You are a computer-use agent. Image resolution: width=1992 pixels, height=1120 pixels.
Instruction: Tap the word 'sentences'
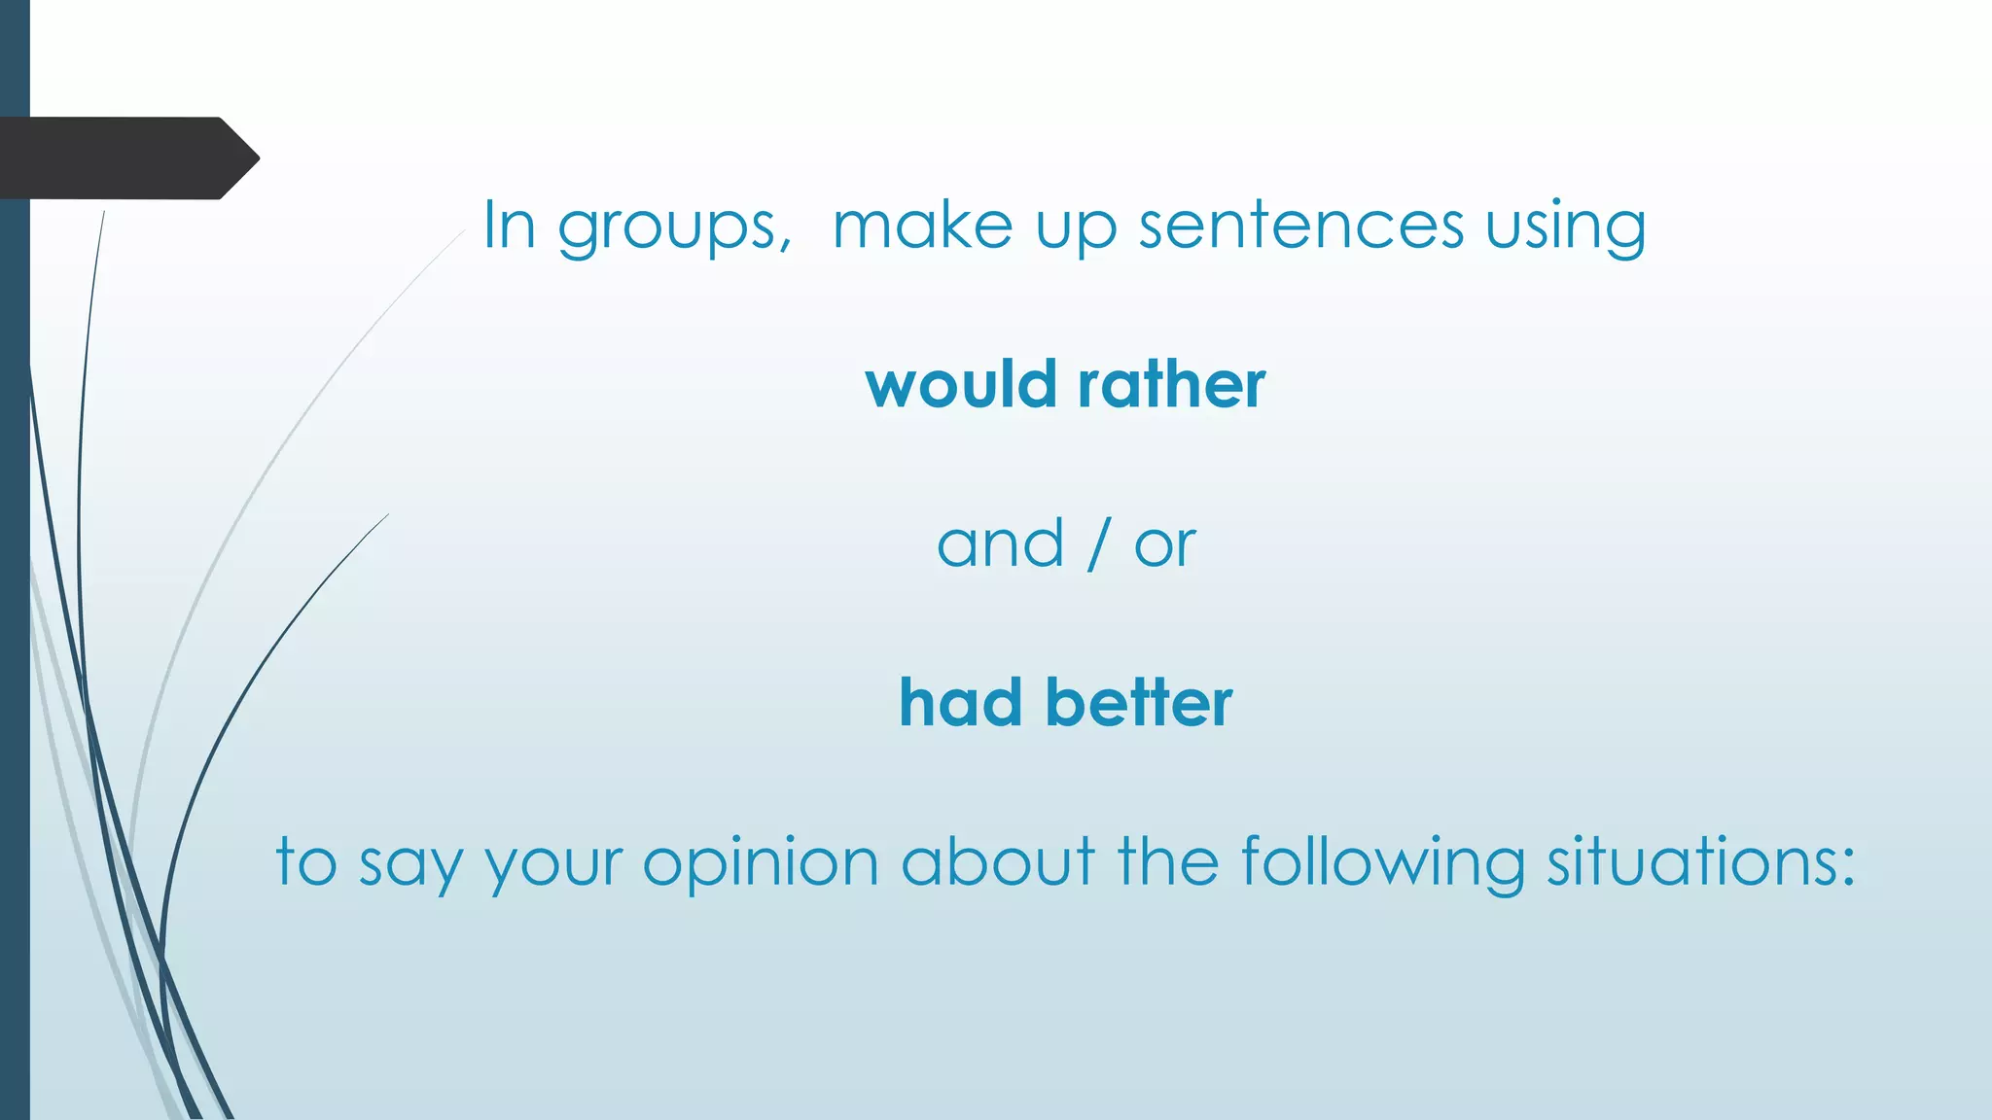pos(1301,226)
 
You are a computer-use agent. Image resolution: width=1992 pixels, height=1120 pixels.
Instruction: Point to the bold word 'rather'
pos(1172,384)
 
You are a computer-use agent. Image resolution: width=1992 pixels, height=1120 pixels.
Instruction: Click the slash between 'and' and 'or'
pos(1098,544)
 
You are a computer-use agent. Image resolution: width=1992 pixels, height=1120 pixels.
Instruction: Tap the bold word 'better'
pos(1139,703)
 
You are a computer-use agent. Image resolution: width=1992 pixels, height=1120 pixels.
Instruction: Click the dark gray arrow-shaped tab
pos(126,158)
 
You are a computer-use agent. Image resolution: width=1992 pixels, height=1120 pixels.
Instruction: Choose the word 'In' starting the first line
pos(510,226)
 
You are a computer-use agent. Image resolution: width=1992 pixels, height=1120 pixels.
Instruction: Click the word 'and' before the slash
pos(1000,544)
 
